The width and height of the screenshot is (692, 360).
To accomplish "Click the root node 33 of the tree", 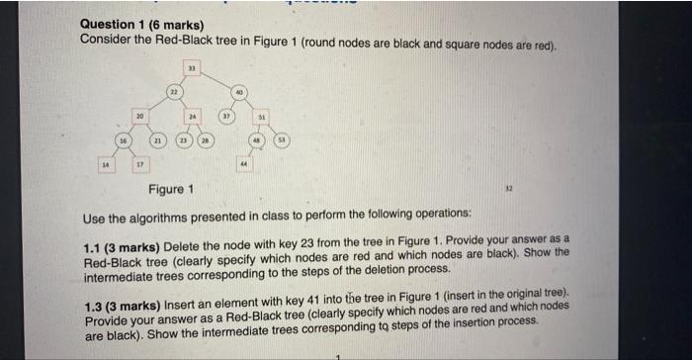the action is coord(194,69).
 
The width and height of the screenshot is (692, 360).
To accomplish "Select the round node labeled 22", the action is coord(173,92).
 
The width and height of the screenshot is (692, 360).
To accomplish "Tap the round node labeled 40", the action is coord(237,92).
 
